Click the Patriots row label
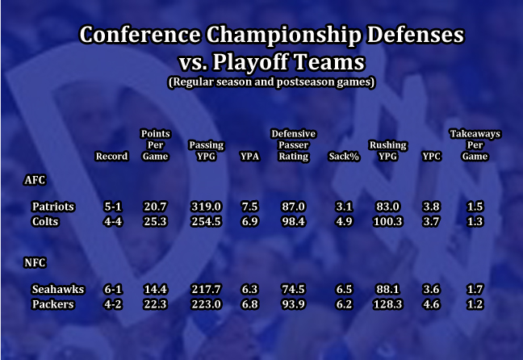52,207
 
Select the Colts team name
45,221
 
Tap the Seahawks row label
57,289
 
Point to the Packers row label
52,304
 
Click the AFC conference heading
35,180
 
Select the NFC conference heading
35,262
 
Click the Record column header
111,156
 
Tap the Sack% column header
344,156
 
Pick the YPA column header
249,156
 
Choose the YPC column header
431,156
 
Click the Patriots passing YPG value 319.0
206,207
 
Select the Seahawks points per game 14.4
156,289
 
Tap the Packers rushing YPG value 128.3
387,304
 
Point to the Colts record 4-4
113,221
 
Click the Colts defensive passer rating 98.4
293,221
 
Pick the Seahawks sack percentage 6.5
344,289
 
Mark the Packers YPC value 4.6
431,304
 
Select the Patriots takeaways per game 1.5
475,207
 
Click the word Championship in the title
283,35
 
